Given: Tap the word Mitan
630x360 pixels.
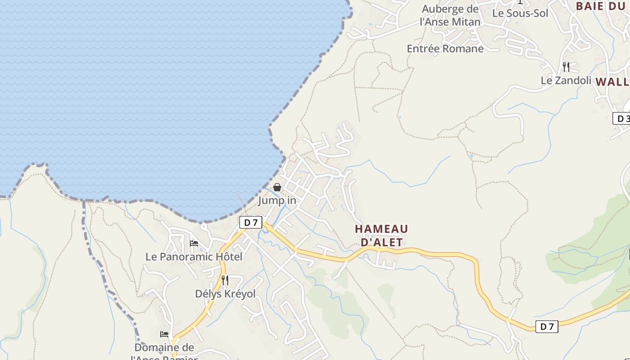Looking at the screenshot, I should (466, 22).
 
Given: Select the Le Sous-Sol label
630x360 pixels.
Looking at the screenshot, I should (520, 13).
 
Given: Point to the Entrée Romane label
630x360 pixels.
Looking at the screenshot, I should (445, 49).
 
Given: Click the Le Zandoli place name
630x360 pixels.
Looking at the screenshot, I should (566, 81).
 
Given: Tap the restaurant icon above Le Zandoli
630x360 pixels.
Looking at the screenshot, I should (566, 67).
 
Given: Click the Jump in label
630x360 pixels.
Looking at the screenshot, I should (277, 200).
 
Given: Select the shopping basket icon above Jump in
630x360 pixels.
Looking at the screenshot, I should (277, 187).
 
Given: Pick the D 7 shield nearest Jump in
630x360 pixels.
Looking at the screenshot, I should (251, 222).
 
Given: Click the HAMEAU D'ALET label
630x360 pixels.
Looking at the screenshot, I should (382, 235).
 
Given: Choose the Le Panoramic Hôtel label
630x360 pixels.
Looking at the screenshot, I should (194, 257).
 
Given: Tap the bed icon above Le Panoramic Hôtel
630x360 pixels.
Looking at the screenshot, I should (194, 243).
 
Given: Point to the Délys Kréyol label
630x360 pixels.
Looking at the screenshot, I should (225, 294).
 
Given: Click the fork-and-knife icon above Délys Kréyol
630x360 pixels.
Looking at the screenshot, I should (225, 280).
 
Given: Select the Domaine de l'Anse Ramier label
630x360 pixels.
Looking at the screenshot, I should (164, 352).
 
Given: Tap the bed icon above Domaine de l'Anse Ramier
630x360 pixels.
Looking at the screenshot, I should (164, 334).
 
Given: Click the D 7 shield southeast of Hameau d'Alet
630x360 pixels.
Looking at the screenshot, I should (547, 327).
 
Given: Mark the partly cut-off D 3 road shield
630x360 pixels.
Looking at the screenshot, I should (622, 119).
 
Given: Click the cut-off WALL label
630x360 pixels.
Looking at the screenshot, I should (612, 82).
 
